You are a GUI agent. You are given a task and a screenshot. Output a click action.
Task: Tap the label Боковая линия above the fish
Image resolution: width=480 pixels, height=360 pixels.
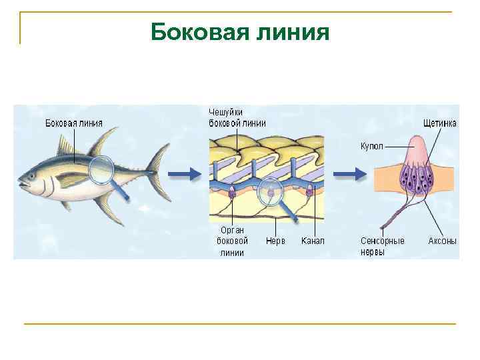pos(73,123)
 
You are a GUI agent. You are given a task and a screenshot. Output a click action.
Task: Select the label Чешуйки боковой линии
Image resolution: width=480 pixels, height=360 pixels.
pos(237,117)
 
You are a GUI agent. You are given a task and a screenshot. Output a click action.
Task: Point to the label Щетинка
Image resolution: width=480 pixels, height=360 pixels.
pos(440,123)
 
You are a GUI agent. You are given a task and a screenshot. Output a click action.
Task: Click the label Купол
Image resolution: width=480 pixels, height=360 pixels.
pos(371,145)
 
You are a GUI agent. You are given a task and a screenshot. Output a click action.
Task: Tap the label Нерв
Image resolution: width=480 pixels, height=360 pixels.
pos(275,241)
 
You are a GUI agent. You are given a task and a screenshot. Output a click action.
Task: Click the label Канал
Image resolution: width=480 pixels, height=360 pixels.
pos(313,241)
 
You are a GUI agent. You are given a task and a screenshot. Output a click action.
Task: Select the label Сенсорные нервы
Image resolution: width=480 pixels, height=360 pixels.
pos(382,246)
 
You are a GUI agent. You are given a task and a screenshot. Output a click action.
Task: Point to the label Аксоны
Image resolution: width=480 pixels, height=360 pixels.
pos(442,241)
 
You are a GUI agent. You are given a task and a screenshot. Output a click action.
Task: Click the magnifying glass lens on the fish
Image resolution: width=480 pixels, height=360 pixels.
pos(102,170)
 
